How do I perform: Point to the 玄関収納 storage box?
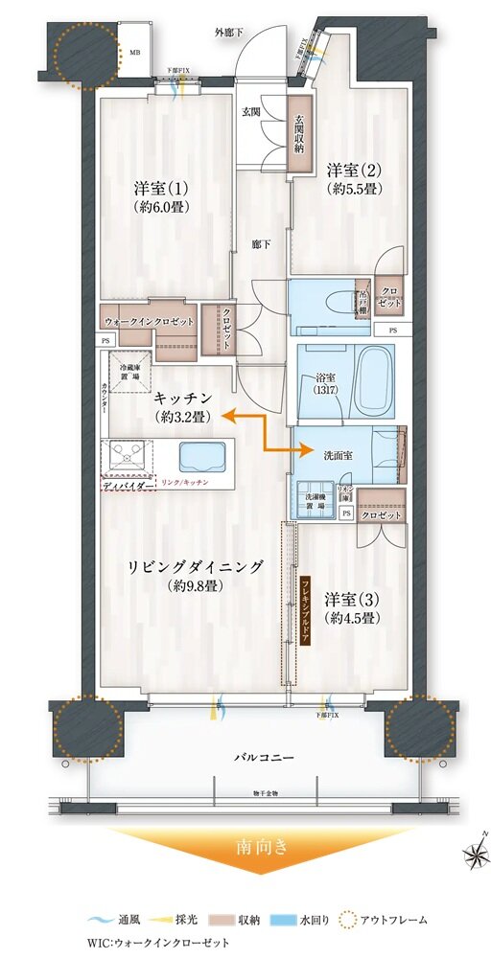pyautogui.click(x=299, y=133)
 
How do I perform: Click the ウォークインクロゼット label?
pyautogui.click(x=148, y=321)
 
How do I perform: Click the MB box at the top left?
pyautogui.click(x=132, y=54)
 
